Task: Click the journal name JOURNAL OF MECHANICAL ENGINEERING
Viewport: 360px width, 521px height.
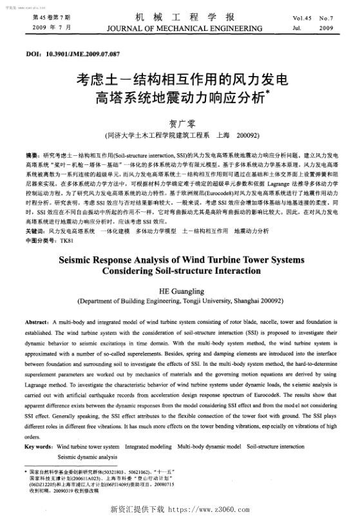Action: (180, 30)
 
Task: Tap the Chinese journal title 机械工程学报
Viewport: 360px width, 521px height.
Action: (180, 17)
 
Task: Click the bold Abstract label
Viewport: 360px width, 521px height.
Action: (39, 322)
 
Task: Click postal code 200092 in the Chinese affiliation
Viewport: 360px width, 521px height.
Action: (247, 137)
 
